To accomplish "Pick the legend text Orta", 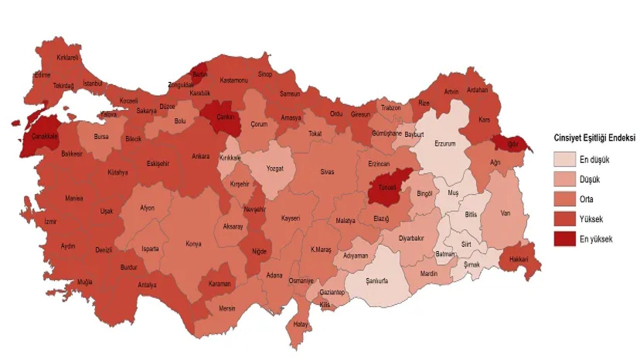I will [586, 199].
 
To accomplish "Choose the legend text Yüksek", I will [591, 219].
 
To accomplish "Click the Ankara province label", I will [200, 156].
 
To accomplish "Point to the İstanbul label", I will [92, 83].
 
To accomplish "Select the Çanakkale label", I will [45, 136].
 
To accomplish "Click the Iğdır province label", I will [512, 144].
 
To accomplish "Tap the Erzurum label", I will [445, 143].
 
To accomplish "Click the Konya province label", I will [193, 244].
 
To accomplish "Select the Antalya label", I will [147, 285].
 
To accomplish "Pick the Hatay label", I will [300, 324].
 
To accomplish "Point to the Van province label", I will [505, 213].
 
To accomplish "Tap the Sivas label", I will [327, 172].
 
